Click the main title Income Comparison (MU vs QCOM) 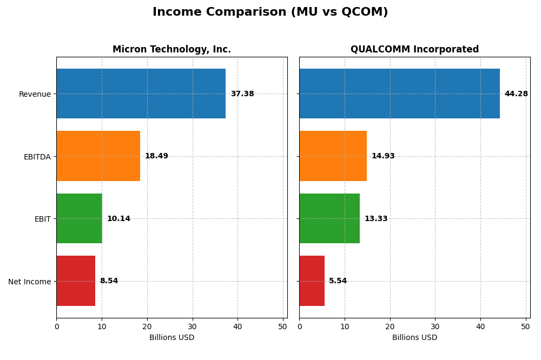click(x=270, y=12)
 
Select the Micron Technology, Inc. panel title click(x=171, y=49)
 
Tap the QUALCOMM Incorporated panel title click(x=414, y=49)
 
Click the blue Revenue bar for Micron click(x=141, y=94)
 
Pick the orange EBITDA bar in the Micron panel click(x=98, y=156)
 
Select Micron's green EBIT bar click(x=79, y=218)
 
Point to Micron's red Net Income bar click(x=76, y=281)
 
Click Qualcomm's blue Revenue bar click(x=399, y=94)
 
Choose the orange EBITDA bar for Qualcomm click(x=333, y=156)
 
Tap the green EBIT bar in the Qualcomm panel click(x=329, y=218)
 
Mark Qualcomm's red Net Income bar click(x=312, y=281)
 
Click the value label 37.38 click(x=242, y=94)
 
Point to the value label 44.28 click(x=516, y=94)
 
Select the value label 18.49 click(x=156, y=156)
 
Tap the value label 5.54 click(x=338, y=281)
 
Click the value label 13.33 click(x=376, y=219)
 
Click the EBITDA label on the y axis click(x=37, y=157)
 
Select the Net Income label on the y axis click(x=29, y=282)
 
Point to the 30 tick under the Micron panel click(x=192, y=326)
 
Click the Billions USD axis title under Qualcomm click(x=414, y=338)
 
